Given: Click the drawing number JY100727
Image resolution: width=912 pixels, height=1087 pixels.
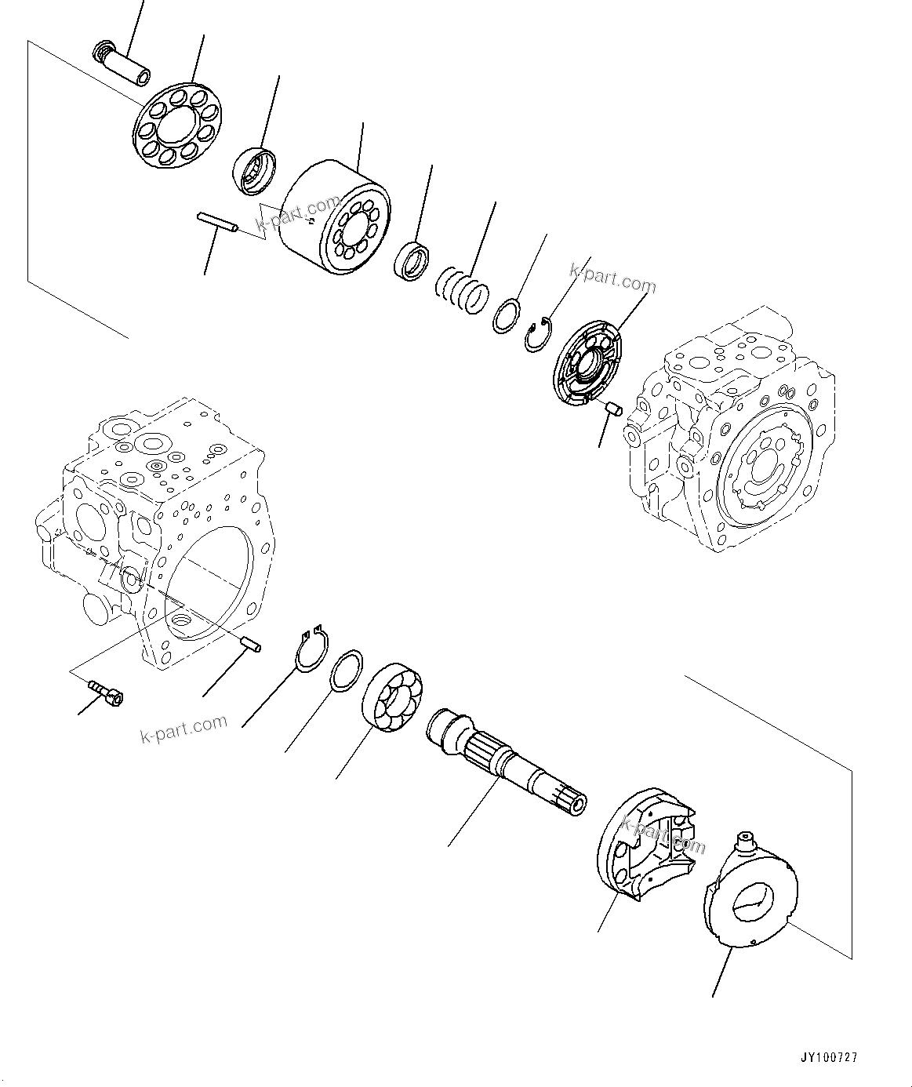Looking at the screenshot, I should tap(829, 1058).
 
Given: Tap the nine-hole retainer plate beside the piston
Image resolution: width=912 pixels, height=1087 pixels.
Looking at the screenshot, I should tap(180, 124).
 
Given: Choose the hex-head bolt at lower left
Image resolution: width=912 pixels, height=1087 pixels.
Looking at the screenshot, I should tap(107, 691).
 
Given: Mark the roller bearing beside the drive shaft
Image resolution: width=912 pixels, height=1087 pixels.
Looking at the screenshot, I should tap(393, 697).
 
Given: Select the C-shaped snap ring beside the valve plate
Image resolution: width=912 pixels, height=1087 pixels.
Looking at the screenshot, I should tap(538, 334).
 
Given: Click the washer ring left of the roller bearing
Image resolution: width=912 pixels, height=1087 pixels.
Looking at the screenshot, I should tap(346, 671).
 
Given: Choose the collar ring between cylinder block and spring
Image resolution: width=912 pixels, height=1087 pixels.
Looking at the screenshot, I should tap(411, 260).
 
